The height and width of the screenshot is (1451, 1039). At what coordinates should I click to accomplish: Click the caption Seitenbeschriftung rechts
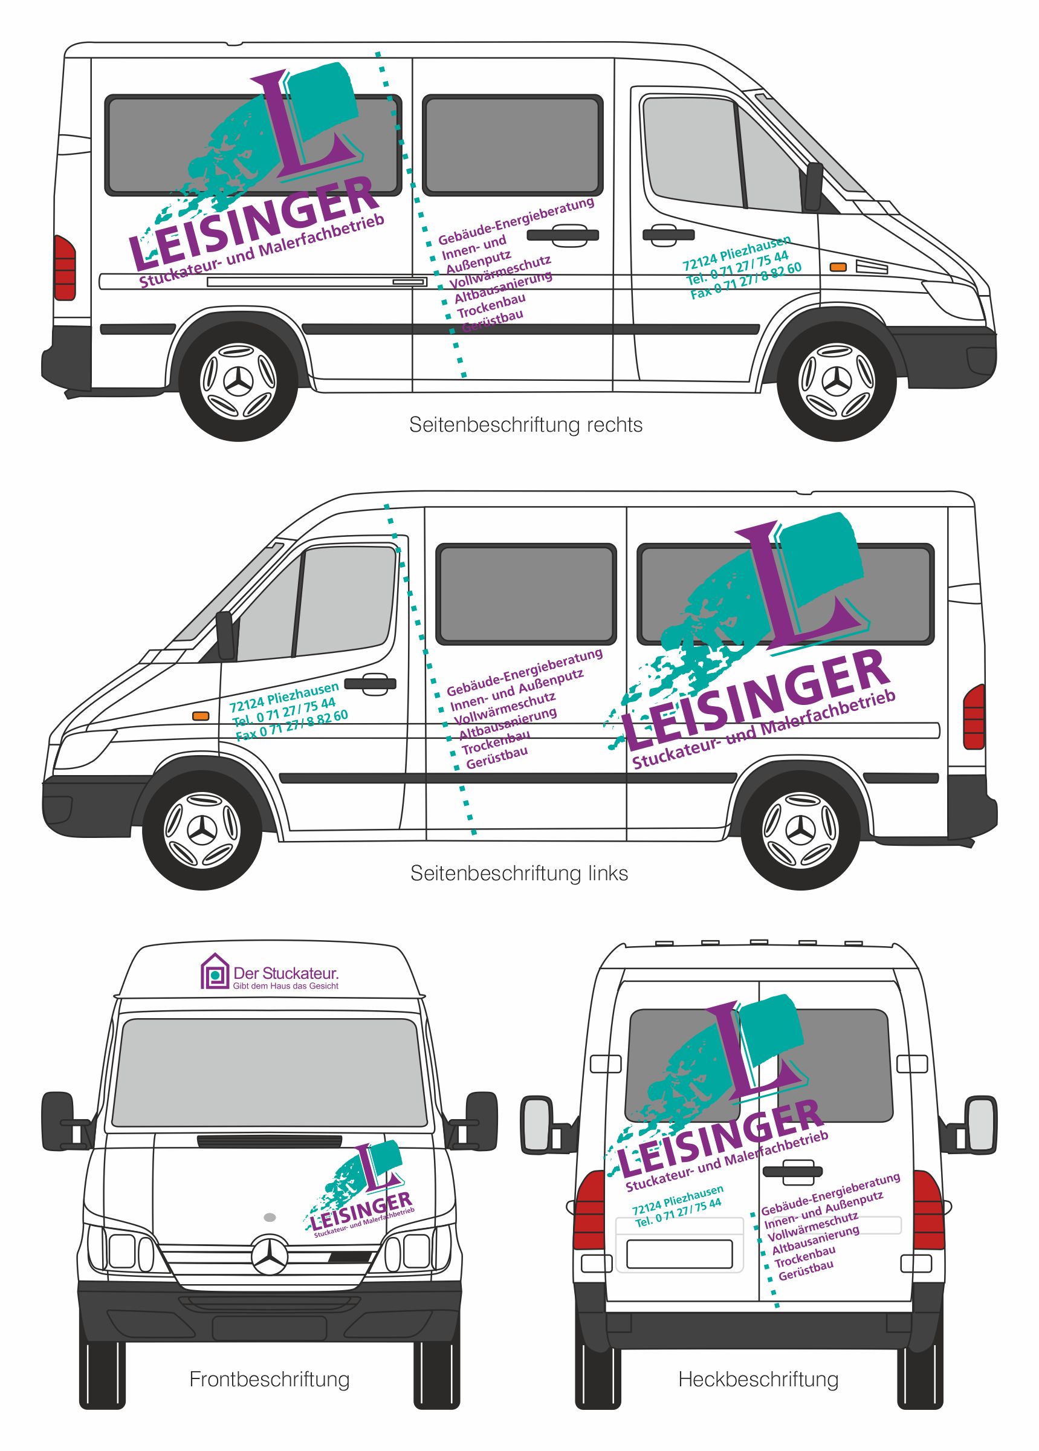point(525,425)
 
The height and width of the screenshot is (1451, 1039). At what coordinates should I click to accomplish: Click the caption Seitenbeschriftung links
point(519,873)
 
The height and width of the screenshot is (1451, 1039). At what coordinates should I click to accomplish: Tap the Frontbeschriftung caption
point(270,1378)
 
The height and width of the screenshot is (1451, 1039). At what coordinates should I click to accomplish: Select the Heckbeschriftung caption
point(758,1378)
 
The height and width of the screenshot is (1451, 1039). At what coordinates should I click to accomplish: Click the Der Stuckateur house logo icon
point(215,972)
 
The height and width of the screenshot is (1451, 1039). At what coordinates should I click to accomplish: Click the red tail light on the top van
point(65,268)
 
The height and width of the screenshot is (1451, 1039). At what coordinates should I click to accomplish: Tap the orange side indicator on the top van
point(838,267)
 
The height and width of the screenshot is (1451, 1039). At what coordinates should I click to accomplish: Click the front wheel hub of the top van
point(838,382)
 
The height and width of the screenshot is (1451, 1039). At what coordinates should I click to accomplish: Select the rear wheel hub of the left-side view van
point(801,831)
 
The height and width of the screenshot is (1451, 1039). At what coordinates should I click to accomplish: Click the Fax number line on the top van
point(745,281)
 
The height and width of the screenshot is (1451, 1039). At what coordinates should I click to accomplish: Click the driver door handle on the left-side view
point(371,683)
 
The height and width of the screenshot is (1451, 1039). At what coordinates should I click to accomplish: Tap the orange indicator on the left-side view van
point(201,716)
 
